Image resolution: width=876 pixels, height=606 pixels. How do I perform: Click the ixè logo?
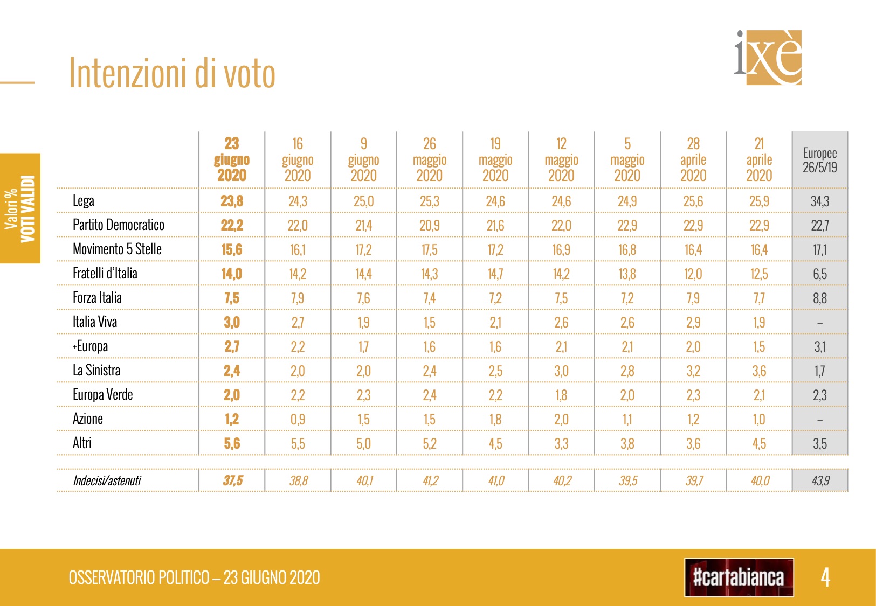coord(769,57)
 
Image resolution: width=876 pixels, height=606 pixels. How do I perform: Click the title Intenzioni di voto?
coord(172,73)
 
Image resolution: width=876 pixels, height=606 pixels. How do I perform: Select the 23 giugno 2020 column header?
coord(232,159)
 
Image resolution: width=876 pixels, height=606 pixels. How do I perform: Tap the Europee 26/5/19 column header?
coord(819,160)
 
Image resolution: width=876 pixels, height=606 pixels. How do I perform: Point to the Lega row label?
coord(84,201)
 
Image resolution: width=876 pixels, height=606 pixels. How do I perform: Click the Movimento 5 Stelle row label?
coord(117,249)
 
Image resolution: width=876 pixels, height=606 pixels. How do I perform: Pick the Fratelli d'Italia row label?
coord(105,274)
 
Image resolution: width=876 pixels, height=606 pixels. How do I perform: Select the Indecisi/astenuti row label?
coord(107,480)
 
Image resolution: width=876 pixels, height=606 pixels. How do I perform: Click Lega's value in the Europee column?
coord(819,201)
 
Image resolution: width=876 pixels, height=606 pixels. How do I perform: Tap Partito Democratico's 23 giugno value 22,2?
coord(232,225)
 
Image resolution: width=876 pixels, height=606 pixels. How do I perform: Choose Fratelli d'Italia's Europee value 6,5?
coord(819,274)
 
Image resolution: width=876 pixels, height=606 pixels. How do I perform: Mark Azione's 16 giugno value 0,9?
coord(298,420)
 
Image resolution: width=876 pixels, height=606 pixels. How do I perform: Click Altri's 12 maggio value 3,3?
coord(561,444)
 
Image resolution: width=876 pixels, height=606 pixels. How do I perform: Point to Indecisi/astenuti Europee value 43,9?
coord(820,480)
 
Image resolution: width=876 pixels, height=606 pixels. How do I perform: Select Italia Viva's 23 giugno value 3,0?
coord(232,322)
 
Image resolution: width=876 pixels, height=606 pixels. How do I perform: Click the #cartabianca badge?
coord(739,577)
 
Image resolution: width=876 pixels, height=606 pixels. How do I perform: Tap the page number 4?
coord(825,577)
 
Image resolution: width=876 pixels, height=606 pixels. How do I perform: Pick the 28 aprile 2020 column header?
coord(693,159)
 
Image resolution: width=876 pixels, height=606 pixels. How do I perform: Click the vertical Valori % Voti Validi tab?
coord(20,208)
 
